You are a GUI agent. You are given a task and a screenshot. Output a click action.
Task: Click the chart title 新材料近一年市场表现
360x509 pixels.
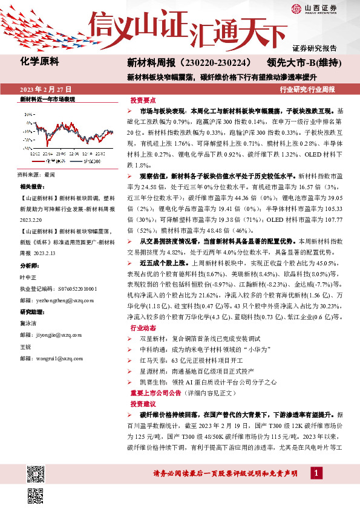[x=48, y=99]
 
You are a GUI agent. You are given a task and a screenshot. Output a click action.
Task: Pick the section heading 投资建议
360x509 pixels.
[x=143, y=403]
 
